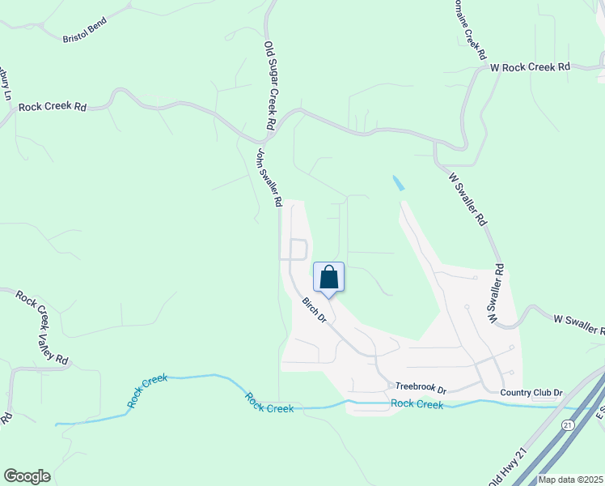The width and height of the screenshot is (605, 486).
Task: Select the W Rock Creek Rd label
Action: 531,67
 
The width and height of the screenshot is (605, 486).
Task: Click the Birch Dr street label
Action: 314,309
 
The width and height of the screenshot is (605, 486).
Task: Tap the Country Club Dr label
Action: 531,393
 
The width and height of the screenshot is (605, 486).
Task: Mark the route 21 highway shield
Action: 568,424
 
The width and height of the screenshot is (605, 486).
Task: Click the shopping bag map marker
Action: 328,278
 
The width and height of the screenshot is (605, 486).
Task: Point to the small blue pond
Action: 398,184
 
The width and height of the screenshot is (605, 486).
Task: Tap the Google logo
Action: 27,476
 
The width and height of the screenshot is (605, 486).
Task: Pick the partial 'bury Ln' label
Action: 6,83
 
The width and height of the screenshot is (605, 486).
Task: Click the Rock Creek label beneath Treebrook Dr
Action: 417,404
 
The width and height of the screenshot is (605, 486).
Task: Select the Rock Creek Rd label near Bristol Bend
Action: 53,106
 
